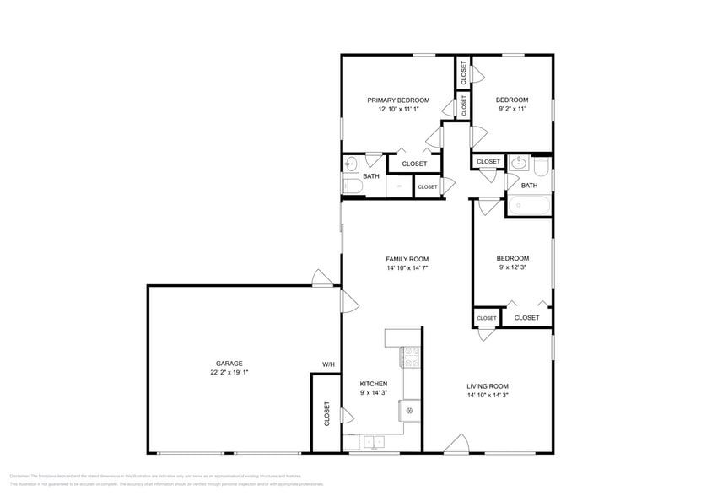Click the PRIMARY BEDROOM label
click(398, 100)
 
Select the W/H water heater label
click(328, 364)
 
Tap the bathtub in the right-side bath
click(528, 205)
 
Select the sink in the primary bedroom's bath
click(352, 163)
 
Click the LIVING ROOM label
click(488, 386)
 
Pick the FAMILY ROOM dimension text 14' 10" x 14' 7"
click(407, 268)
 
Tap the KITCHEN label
click(373, 383)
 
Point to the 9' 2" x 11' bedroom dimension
click(511, 109)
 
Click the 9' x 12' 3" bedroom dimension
click(512, 268)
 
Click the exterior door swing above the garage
click(322, 278)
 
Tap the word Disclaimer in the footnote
click(20, 477)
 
